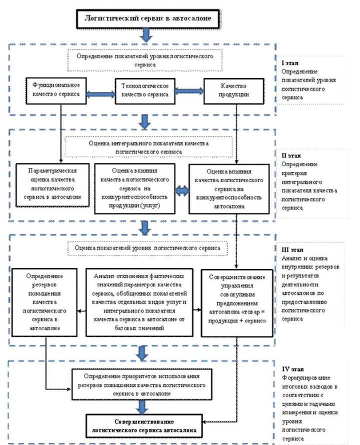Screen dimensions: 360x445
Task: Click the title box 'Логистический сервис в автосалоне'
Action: pos(148,18)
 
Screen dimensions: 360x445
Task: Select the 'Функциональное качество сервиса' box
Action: pos(56,91)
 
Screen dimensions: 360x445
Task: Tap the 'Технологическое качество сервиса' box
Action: pos(145,91)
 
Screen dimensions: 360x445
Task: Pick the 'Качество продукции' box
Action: pos(233,91)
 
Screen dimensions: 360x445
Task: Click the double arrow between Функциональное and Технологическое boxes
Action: pos(101,94)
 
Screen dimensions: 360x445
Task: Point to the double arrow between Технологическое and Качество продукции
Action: pos(189,91)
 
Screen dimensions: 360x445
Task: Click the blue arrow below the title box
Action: pos(146,35)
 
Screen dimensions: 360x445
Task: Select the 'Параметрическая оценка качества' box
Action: pos(52,185)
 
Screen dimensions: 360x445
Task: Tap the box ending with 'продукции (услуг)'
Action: pos(134,188)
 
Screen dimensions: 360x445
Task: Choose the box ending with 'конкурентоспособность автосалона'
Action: pos(229,189)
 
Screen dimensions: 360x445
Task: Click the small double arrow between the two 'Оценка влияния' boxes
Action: pos(182,191)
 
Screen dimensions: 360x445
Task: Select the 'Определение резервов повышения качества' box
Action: pos(44,302)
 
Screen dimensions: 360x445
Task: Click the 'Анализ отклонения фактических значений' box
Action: pos(139,302)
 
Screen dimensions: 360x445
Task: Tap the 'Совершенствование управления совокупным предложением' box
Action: pos(237,303)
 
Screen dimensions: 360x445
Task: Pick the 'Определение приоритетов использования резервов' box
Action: pos(141,384)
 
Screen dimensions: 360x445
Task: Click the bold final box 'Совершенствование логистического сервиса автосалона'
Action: pos(144,426)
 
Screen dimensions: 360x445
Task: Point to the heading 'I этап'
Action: pos(290,63)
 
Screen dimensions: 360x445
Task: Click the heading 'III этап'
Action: pos(292,249)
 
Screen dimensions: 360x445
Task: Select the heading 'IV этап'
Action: pos(292,369)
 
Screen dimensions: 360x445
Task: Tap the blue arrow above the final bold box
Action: pos(142,407)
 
